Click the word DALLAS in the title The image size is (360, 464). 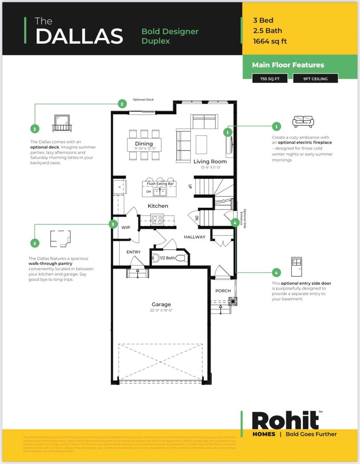click(79, 36)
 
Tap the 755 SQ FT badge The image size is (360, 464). click(269, 78)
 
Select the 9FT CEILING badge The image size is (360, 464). click(316, 78)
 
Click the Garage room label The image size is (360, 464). click(161, 305)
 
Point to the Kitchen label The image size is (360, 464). click(158, 206)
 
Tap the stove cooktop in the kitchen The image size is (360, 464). click(157, 220)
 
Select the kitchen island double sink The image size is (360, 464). click(159, 192)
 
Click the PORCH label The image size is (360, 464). click(223, 291)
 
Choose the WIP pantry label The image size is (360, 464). click(126, 227)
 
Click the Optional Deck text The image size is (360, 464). click(143, 100)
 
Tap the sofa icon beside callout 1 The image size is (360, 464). click(303, 121)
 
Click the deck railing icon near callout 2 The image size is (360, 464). click(62, 123)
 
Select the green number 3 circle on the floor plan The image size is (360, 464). click(113, 224)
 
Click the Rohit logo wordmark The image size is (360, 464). click(285, 421)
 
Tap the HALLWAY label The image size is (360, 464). click(195, 237)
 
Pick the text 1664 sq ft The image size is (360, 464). click(270, 41)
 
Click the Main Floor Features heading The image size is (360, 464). click(288, 65)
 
